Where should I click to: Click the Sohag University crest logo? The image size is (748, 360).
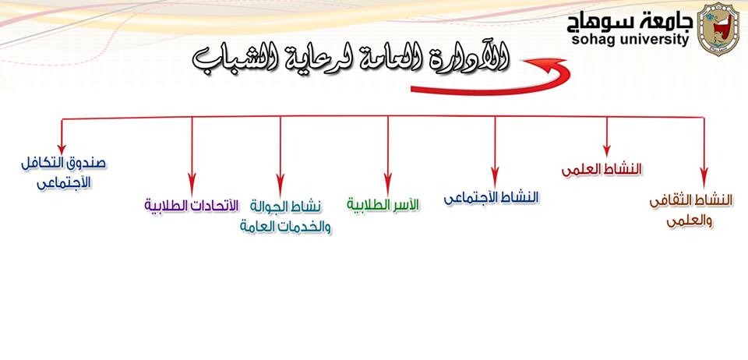[718, 29]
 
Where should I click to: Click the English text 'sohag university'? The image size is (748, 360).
[630, 40]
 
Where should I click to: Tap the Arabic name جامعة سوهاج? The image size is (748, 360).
[630, 22]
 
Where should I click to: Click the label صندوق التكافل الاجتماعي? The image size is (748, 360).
[63, 172]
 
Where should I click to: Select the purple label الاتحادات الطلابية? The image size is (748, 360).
[191, 206]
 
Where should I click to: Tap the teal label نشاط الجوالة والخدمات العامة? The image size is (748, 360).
[285, 217]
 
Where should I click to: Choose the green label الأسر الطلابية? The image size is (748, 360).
[383, 205]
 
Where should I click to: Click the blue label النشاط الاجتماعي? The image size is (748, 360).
[491, 198]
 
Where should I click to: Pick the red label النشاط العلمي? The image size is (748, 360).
[602, 170]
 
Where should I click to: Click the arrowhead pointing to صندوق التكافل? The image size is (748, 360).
[62, 149]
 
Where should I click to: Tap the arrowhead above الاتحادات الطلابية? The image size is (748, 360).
[192, 182]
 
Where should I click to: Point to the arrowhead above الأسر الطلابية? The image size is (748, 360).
[388, 183]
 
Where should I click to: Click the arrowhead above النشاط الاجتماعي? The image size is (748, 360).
[496, 176]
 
